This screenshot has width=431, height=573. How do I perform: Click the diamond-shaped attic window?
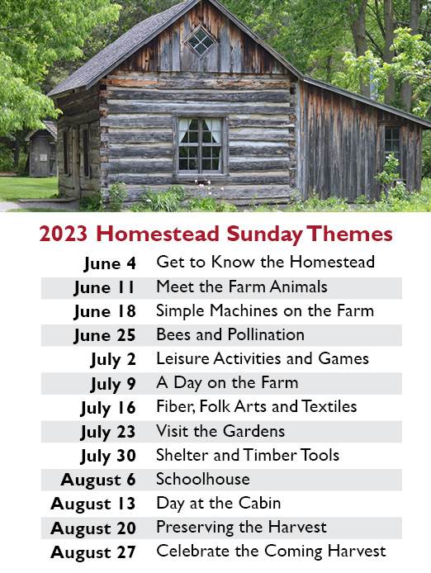pyautogui.click(x=201, y=40)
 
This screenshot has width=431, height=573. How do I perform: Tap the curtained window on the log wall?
pyautogui.click(x=201, y=144)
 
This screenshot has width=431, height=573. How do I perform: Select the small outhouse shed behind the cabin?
pyautogui.click(x=41, y=149)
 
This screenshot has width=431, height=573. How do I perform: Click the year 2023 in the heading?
pyautogui.click(x=64, y=234)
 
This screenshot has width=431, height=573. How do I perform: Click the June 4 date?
pyautogui.click(x=110, y=263)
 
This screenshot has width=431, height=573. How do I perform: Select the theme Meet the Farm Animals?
pyautogui.click(x=242, y=286)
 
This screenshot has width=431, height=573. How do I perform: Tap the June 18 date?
pyautogui.click(x=105, y=312)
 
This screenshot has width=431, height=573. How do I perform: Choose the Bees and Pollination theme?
pyautogui.click(x=230, y=334)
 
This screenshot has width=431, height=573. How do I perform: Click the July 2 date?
pyautogui.click(x=113, y=360)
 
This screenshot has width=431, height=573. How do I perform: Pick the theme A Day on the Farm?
pyautogui.click(x=227, y=383)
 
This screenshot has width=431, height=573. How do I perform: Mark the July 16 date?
pyautogui.click(x=108, y=408)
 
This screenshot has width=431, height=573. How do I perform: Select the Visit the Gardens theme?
pyautogui.click(x=220, y=431)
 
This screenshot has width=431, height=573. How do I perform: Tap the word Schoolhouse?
pyautogui.click(x=203, y=479)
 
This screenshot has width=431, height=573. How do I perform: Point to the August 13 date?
pyautogui.click(x=93, y=504)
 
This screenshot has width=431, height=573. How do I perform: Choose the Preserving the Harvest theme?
pyautogui.click(x=242, y=528)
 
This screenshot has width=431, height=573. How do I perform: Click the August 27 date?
pyautogui.click(x=93, y=552)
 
